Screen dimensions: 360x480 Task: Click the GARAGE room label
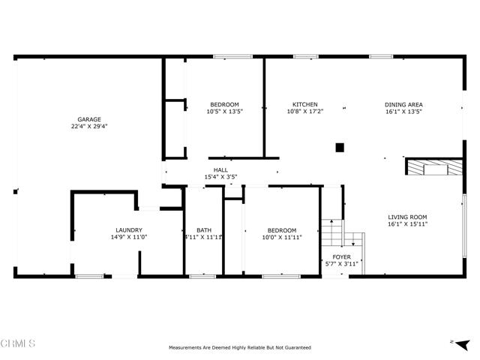(89, 119)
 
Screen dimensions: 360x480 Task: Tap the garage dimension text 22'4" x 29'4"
(89, 127)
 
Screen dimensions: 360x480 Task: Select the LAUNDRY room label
(129, 230)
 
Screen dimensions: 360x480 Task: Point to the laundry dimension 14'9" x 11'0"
(129, 238)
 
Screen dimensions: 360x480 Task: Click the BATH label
(204, 230)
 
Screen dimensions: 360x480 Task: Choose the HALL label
(220, 170)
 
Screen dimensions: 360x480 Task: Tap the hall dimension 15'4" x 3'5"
(220, 177)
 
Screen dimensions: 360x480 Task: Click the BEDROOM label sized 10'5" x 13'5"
(224, 104)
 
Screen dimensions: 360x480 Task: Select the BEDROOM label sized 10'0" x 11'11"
(280, 230)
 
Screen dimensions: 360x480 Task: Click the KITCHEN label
(305, 104)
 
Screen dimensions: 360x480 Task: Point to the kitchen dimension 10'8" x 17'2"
(305, 112)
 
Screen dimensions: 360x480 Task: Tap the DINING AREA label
(403, 104)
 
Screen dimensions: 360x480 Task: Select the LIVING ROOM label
(408, 217)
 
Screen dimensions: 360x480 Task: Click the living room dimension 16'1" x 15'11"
(408, 224)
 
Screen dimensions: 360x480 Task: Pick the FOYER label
(341, 256)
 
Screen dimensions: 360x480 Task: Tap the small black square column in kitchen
(340, 148)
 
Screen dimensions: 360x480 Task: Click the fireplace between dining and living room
(434, 167)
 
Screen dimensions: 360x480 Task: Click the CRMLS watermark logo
(19, 343)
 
